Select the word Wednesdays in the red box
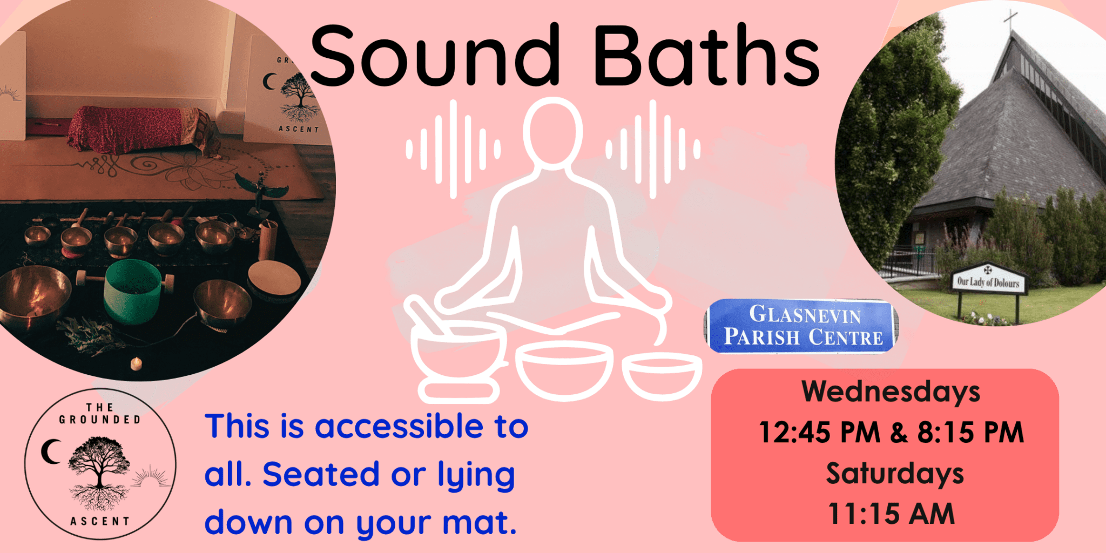pyautogui.click(x=891, y=392)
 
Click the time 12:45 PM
pyautogui.click(x=819, y=433)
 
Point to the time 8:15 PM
pyautogui.click(x=970, y=433)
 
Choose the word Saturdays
pyautogui.click(x=894, y=474)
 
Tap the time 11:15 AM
pyautogui.click(x=891, y=514)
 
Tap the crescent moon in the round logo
pyautogui.click(x=51, y=451)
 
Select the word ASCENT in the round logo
pyautogui.click(x=100, y=521)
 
